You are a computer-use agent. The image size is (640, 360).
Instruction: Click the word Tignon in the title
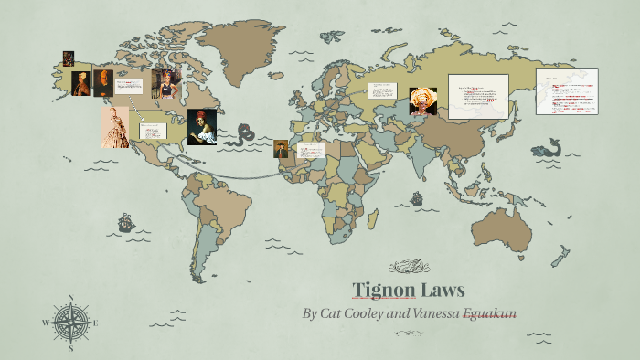click(384, 291)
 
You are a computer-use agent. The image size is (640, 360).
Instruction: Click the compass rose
click(70, 322)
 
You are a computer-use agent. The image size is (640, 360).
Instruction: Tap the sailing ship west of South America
click(125, 222)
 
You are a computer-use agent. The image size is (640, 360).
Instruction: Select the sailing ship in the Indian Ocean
click(417, 197)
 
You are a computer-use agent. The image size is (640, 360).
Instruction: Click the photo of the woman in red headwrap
click(201, 126)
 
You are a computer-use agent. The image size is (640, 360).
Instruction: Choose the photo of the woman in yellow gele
click(422, 102)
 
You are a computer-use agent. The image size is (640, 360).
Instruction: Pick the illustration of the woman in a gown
click(115, 127)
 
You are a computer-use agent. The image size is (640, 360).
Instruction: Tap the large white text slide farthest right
click(566, 90)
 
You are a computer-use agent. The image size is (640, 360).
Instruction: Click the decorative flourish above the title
click(409, 267)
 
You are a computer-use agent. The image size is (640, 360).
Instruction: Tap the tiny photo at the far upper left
click(68, 58)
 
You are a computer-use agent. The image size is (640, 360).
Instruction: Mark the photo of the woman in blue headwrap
click(167, 83)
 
